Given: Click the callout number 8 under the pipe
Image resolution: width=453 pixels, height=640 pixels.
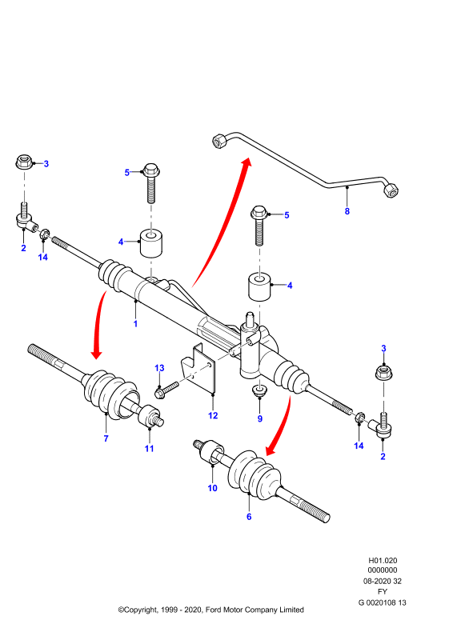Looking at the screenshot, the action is pos(347,211).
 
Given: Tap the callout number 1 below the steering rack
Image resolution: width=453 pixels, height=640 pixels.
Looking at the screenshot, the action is pos(135,324).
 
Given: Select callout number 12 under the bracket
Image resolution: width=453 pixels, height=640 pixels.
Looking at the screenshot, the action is pos(213,415).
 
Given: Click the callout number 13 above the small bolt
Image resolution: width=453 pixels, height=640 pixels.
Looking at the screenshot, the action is pos(159,368).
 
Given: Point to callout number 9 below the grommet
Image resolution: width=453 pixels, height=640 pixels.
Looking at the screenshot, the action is pos(260,418).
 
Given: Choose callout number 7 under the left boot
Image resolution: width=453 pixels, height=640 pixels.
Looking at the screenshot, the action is pos(106,438).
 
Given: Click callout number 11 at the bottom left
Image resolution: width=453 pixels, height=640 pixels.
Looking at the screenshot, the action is pos(149,448).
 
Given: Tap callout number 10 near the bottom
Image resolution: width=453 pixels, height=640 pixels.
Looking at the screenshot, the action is pos(212,488).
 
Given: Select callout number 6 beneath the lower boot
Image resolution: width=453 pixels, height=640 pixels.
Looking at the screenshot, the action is pos(249,516).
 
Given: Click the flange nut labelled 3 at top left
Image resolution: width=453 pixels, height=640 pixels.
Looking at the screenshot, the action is pos(24,162).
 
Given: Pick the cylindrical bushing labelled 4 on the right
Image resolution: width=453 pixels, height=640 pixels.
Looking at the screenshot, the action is pos(259,286).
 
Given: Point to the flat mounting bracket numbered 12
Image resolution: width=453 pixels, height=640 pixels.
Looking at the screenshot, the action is pos(199,370).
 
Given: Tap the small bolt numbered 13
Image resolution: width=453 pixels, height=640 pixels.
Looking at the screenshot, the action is pos(166,389).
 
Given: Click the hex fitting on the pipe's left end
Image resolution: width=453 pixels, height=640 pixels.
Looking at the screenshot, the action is pos(219,141).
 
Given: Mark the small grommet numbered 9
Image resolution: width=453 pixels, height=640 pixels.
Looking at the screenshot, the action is pos(259,390).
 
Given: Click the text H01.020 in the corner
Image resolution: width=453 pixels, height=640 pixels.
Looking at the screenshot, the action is pos(383,561).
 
